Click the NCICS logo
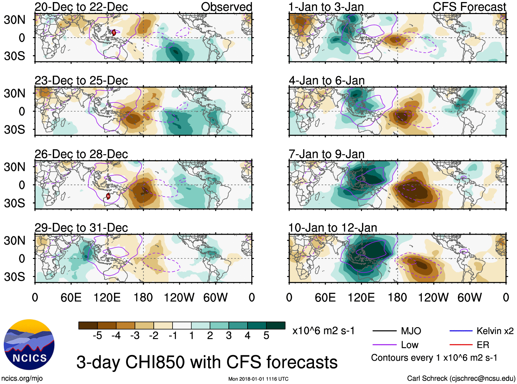[x=29, y=344]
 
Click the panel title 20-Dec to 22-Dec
[x=81, y=7]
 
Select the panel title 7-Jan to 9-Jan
[x=326, y=154]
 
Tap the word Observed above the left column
[x=226, y=7]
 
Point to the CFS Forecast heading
[x=469, y=7]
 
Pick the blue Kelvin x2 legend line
[x=461, y=331]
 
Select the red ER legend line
[x=461, y=345]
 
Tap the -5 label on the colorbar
[x=97, y=336]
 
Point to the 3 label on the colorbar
[x=229, y=336]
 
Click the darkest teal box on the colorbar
[x=276, y=325]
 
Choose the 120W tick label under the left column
[x=179, y=297]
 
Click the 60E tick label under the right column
[x=325, y=297]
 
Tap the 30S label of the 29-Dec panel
[x=15, y=277]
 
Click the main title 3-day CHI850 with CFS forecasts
[x=207, y=362]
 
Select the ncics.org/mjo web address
[x=22, y=379]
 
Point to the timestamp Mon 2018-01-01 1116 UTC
[x=258, y=379]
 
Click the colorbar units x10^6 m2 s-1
[x=323, y=331]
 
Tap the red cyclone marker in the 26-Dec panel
[x=108, y=196]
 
